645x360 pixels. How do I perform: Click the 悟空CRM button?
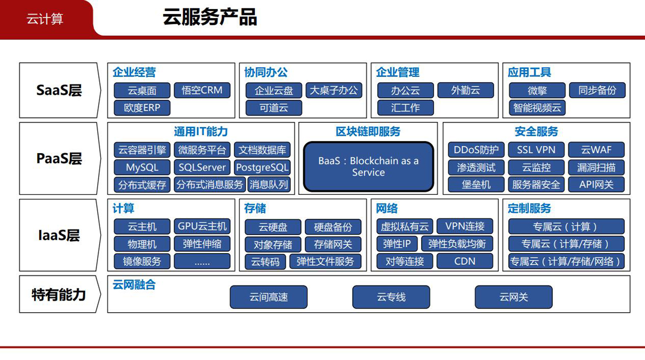[202, 90]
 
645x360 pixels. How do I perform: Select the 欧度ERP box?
[142, 108]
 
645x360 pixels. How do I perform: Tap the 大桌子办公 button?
[334, 90]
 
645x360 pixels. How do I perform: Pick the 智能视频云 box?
[537, 108]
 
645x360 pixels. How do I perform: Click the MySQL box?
[142, 168]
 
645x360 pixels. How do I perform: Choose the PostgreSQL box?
[262, 168]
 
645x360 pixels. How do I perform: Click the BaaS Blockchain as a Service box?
[368, 167]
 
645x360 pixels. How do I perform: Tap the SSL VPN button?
[536, 150]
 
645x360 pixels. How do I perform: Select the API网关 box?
[596, 184]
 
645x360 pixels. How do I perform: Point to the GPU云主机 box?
[202, 226]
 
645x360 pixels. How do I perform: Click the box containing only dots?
[202, 261]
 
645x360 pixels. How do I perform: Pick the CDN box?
[465, 261]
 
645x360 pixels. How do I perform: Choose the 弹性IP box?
[397, 244]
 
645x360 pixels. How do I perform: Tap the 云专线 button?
[391, 297]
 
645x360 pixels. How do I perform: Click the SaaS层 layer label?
[59, 90]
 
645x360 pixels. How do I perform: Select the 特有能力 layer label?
[59, 294]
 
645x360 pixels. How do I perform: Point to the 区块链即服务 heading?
[368, 131]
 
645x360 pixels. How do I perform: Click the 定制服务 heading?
[529, 208]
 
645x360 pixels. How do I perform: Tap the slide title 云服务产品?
[210, 17]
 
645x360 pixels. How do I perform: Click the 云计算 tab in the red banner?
[45, 19]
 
